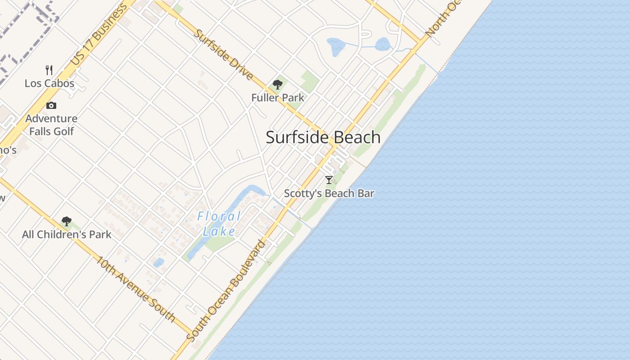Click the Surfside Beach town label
point(323,137)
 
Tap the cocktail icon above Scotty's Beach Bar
point(329,180)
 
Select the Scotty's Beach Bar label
point(329,193)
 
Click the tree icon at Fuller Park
point(278,84)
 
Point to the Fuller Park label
point(278,98)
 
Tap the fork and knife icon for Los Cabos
point(49,70)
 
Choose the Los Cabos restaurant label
point(49,83)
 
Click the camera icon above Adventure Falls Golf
point(51,105)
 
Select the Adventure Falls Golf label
point(51,125)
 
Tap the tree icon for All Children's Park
point(67,221)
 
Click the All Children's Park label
point(67,234)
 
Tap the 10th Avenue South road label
point(135,288)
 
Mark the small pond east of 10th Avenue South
point(158,262)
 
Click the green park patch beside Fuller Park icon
point(309,81)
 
